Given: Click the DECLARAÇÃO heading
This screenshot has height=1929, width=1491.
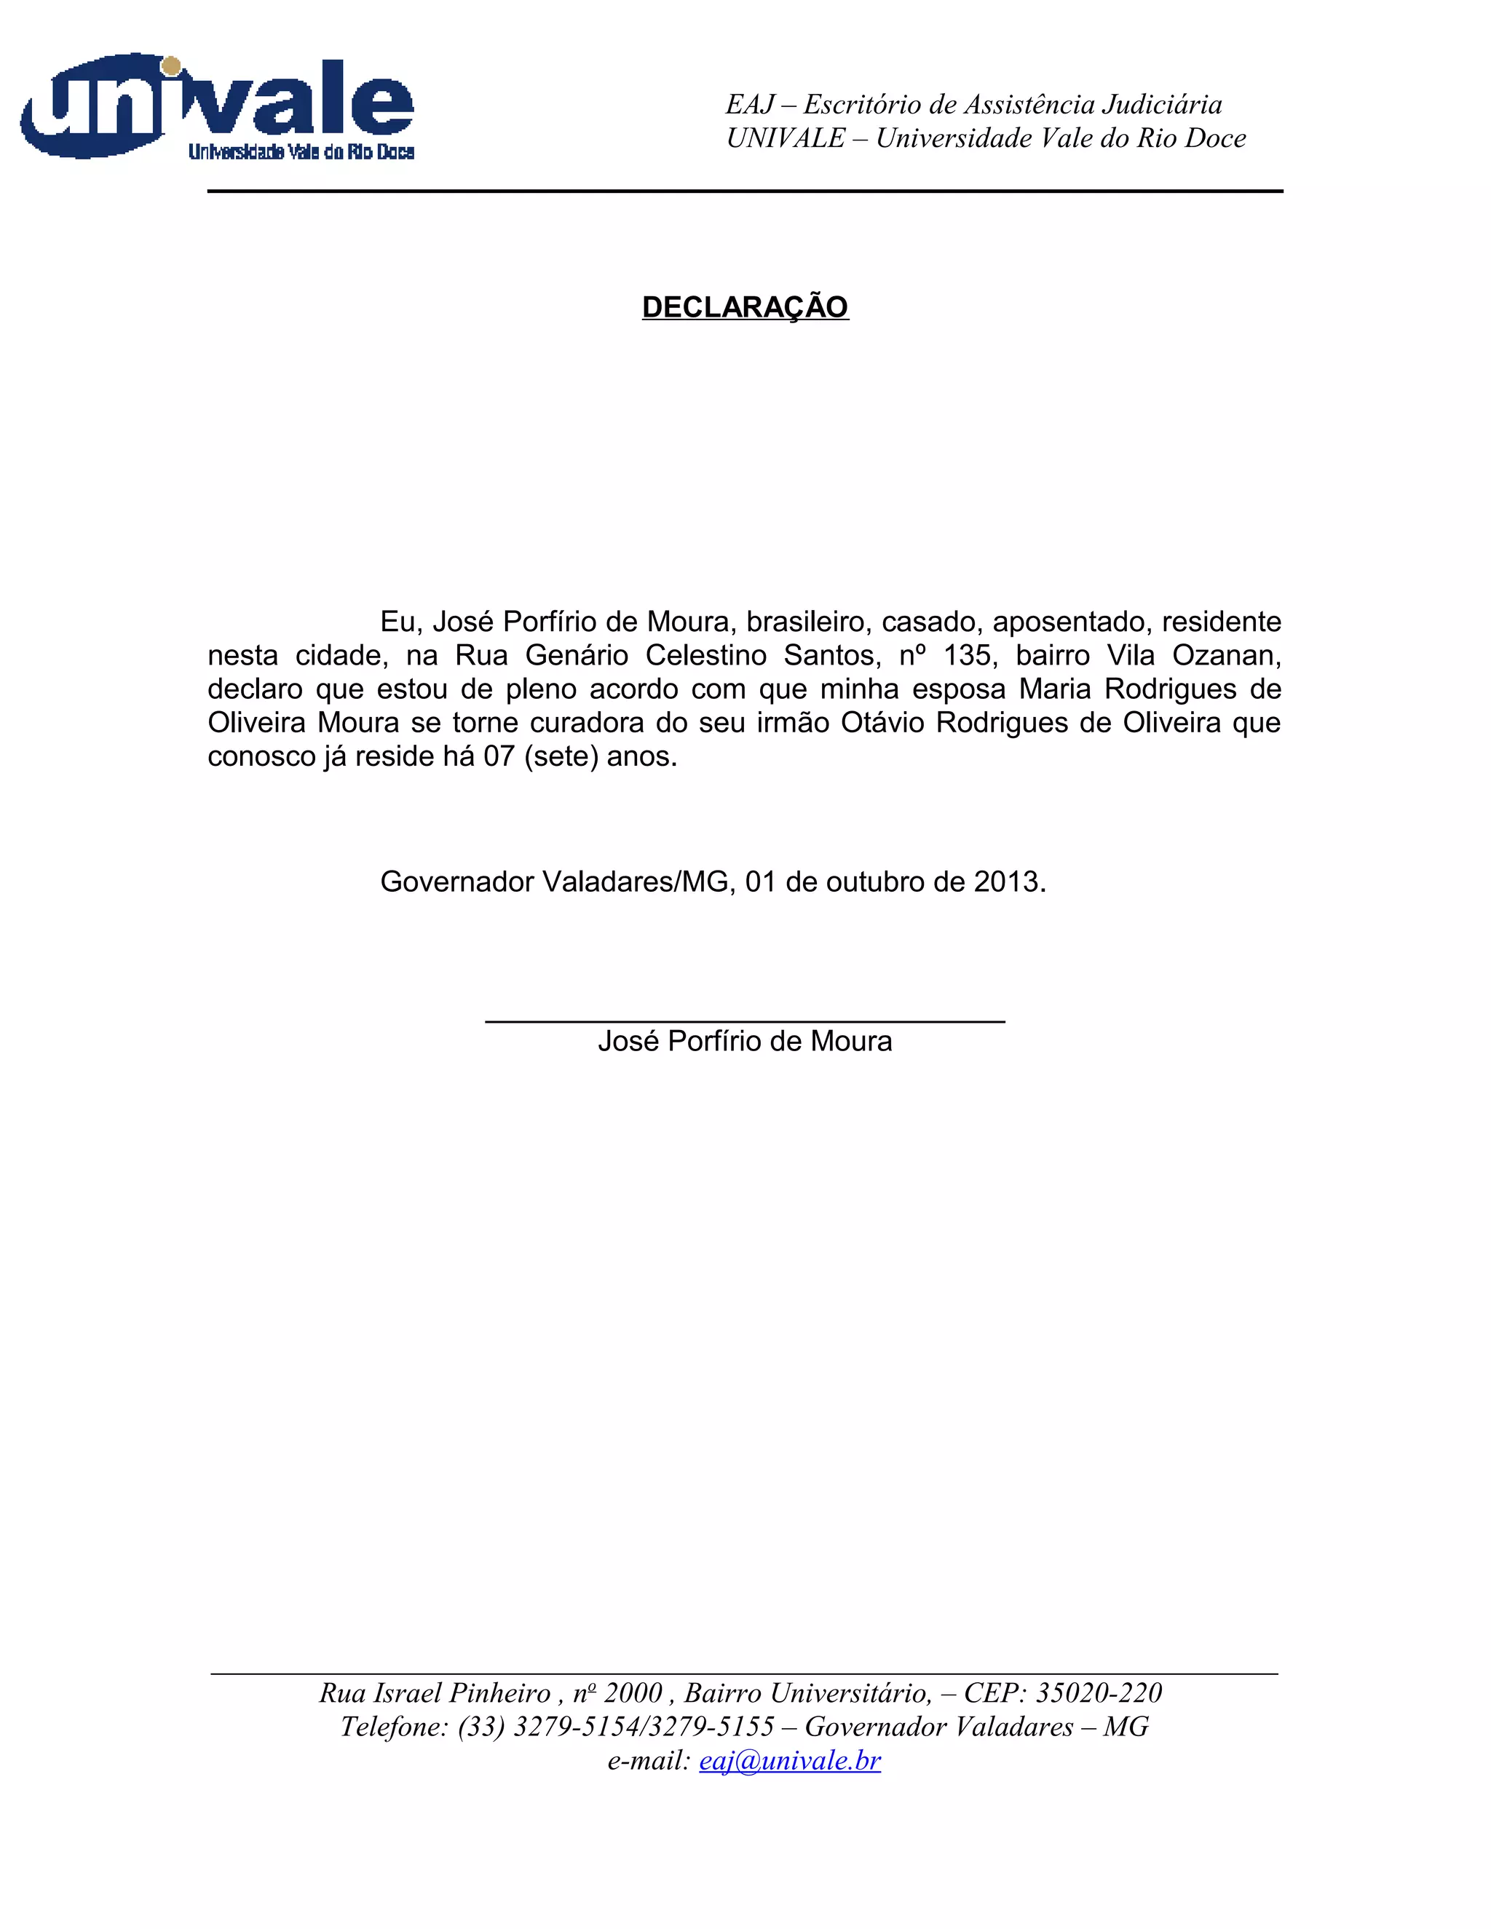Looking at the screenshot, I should (745, 307).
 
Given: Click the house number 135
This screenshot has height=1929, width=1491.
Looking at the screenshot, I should (969, 655).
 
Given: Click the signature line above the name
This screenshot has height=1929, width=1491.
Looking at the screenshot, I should (745, 1021).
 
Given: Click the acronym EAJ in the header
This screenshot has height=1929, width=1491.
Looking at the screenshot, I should (749, 104).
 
